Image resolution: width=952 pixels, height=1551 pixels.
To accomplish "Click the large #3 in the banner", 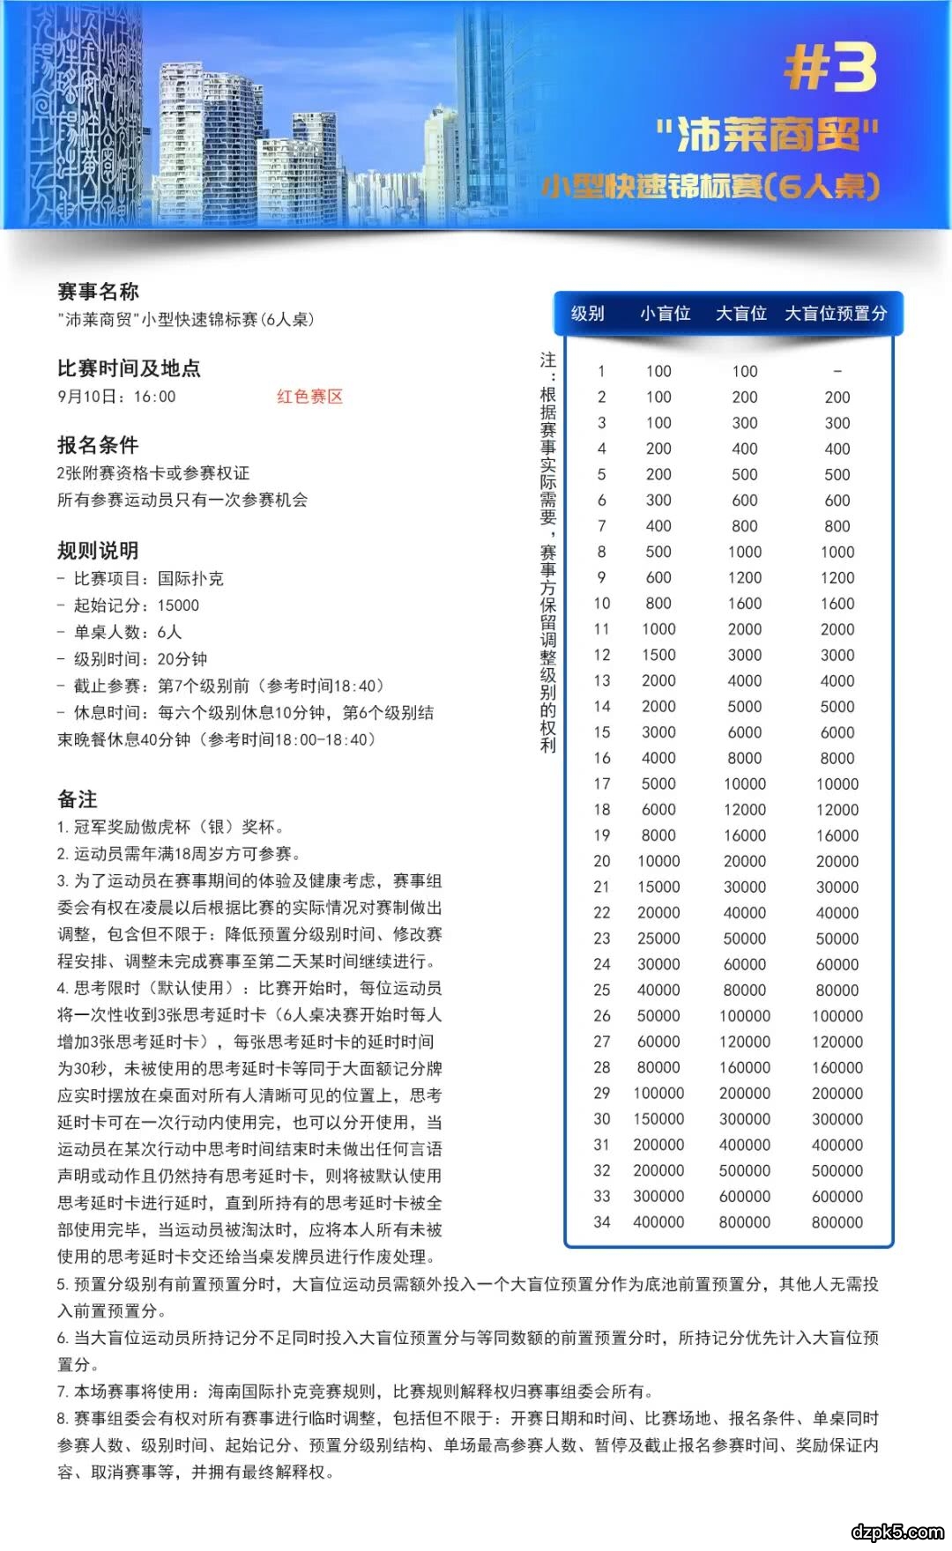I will [830, 68].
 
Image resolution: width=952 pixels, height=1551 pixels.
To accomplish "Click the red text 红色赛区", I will [309, 397].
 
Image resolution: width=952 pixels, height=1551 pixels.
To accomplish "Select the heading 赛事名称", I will [98, 292].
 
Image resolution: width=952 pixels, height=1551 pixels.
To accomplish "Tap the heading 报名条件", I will [98, 445].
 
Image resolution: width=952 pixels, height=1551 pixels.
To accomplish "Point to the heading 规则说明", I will [98, 551].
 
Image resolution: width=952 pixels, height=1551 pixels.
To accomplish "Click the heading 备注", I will [78, 799].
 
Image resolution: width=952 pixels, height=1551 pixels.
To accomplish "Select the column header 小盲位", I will [665, 314].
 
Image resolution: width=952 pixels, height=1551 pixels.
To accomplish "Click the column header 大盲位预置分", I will [836, 314].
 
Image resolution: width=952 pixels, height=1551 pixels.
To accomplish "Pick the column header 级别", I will [588, 314].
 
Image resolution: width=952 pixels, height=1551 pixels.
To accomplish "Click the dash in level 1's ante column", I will [837, 371].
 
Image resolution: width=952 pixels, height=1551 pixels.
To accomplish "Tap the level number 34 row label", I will [602, 1222].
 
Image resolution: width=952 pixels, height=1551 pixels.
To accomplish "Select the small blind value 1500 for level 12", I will [658, 655].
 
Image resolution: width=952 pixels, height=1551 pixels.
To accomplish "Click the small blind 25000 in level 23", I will [658, 939].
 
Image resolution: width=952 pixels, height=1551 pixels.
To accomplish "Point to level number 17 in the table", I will [602, 783].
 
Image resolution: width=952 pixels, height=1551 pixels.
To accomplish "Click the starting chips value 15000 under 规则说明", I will [178, 605].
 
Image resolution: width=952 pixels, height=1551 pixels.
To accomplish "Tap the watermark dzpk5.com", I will [897, 1532].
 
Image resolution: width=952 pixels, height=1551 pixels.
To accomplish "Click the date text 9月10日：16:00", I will [117, 397].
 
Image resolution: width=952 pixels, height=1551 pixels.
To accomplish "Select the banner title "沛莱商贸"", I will [767, 135].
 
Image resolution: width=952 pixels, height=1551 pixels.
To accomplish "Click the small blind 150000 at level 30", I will [658, 1119].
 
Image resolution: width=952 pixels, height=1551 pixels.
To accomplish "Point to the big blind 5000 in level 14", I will [745, 707].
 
